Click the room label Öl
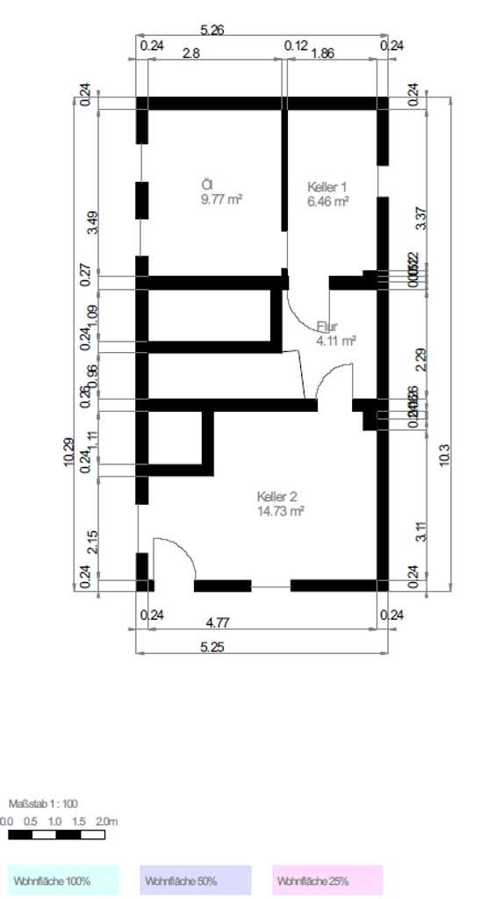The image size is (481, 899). (x=207, y=184)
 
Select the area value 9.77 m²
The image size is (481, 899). (x=221, y=199)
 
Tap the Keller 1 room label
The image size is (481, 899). (x=327, y=186)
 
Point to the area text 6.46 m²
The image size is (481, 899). (x=328, y=201)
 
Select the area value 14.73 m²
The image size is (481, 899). (x=281, y=510)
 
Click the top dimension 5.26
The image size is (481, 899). (x=212, y=30)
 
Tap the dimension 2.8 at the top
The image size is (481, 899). (x=190, y=54)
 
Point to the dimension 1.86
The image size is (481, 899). (x=322, y=54)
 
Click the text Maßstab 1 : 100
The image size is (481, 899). (x=43, y=803)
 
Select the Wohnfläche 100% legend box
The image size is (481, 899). (x=63, y=880)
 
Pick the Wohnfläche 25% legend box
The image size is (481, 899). (x=327, y=880)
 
